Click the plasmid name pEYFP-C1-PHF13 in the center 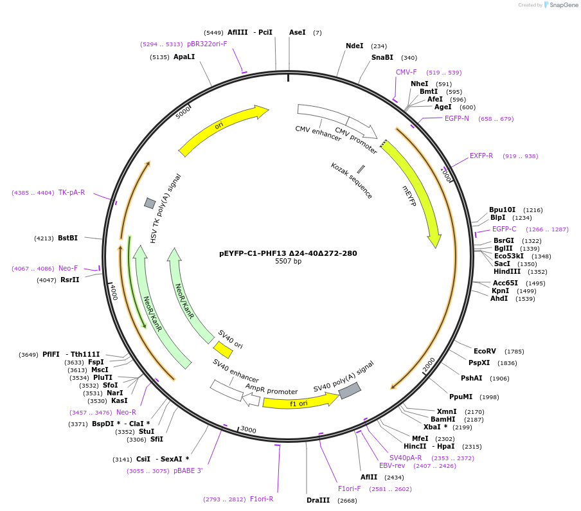[288, 253]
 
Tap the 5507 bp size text [288, 262]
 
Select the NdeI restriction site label [354, 46]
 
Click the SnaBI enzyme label [382, 58]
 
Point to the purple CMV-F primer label [406, 73]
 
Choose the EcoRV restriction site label [485, 352]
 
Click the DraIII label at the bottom [318, 500]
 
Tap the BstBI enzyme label [67, 238]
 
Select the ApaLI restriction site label [184, 57]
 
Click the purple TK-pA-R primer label [71, 193]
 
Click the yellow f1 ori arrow [299, 402]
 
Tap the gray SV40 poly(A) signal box [349, 390]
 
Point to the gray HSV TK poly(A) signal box [150, 203]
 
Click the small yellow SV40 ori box [223, 350]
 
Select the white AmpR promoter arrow [252, 399]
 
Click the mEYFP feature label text [409, 196]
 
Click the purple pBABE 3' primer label [188, 471]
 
